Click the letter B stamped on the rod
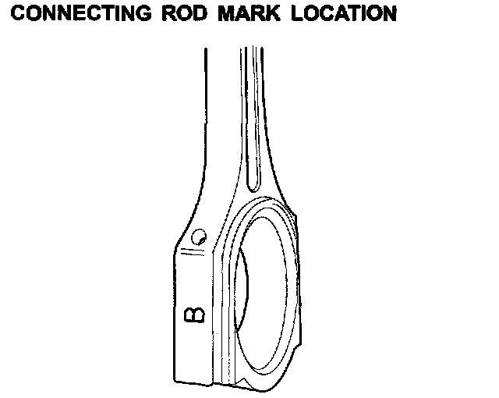193,314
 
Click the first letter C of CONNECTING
21,15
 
